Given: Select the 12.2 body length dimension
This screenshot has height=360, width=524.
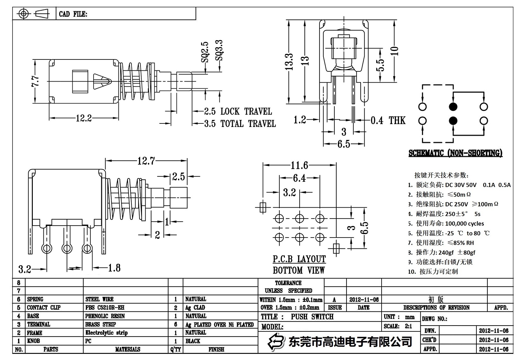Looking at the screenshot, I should [84, 118].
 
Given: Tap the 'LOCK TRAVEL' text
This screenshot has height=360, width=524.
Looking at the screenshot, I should [246, 112].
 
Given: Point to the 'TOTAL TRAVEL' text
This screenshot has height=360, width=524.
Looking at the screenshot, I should [248, 123].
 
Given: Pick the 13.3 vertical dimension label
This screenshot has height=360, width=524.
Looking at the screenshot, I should [289, 62].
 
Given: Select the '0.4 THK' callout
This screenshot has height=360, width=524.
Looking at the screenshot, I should [388, 121].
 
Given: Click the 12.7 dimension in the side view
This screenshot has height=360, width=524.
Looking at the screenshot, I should [146, 161].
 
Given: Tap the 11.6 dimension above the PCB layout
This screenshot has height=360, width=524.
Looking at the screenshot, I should [299, 165].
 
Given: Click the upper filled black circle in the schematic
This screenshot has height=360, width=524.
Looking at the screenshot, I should [453, 107].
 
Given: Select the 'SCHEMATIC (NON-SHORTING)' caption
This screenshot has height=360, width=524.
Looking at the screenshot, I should [455, 153].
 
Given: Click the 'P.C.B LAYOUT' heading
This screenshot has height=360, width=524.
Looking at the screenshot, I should [299, 259].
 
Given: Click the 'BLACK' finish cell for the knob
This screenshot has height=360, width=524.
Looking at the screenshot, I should [193, 341].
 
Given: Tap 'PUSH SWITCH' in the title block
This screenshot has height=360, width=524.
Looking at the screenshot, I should [312, 317].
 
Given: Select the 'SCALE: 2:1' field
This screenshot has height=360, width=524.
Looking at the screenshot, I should [398, 326].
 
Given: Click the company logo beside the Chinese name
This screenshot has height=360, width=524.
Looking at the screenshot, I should [276, 341].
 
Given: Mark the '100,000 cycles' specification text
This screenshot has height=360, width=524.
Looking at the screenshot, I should [464, 223].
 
